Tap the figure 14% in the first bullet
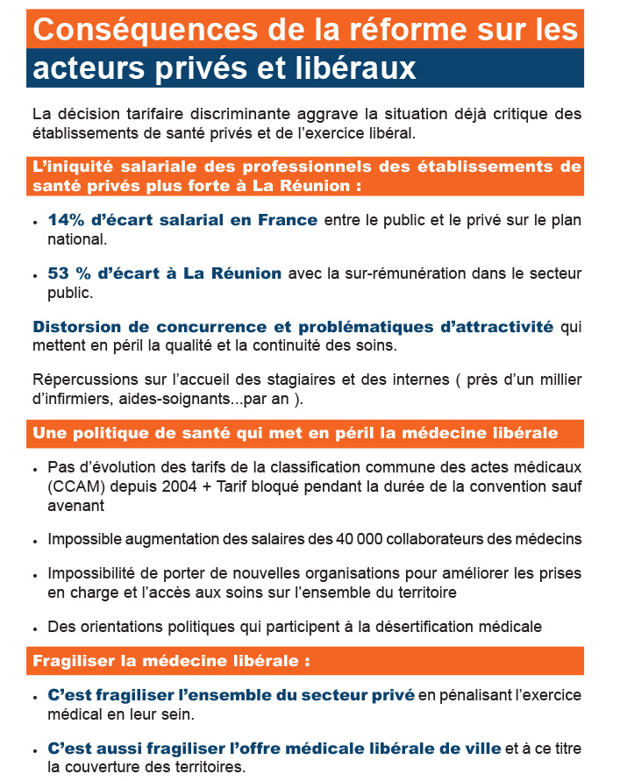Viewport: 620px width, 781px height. (x=64, y=220)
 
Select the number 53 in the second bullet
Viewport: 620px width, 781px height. (x=59, y=273)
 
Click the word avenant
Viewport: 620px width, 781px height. (x=76, y=506)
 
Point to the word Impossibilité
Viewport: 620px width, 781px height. (x=91, y=574)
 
